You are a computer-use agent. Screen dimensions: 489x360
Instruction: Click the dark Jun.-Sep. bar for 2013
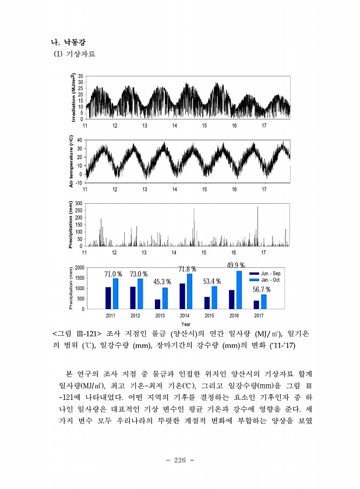(x=157, y=304)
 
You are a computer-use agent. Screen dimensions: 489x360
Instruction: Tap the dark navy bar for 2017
(x=256, y=304)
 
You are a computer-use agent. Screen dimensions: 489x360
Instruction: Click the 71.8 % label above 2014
(x=187, y=269)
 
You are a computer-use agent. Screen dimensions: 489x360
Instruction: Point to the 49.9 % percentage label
(x=236, y=265)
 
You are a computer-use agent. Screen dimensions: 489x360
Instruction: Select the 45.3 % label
(x=162, y=282)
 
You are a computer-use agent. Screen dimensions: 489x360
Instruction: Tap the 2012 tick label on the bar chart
(x=135, y=315)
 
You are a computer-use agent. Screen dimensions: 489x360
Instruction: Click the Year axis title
(x=186, y=324)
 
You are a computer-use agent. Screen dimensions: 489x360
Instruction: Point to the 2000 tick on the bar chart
(x=80, y=267)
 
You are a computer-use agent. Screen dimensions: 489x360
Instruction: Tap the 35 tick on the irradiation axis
(x=81, y=76)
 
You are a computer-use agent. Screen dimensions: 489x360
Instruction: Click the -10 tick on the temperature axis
(x=79, y=182)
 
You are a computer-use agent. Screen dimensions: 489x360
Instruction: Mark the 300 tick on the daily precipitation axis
(x=79, y=203)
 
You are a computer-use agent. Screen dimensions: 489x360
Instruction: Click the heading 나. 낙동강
(x=69, y=42)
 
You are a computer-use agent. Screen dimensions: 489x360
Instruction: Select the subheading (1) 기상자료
(x=74, y=54)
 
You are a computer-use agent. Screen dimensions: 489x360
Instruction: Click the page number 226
(x=179, y=460)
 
